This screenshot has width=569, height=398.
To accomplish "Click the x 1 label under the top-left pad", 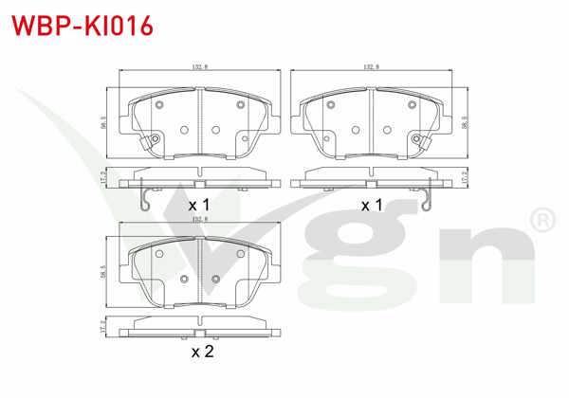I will coord(198,205).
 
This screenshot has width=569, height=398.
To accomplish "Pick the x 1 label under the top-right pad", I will coord(372,205).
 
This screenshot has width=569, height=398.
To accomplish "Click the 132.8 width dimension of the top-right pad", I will coord(371,67).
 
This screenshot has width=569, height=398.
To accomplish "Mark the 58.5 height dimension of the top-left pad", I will coord(105,122).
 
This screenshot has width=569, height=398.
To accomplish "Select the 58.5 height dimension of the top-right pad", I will coord(464,122).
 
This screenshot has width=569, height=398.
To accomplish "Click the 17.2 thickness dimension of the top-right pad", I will coord(464,176).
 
